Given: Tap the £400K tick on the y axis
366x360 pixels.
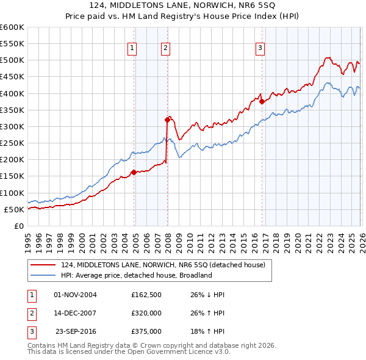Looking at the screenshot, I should coord(12,93).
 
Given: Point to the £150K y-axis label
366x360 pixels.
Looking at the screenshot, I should coord(12,176).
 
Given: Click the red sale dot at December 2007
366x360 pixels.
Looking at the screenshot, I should coord(167,120).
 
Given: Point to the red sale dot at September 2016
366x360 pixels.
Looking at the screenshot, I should coord(262,102).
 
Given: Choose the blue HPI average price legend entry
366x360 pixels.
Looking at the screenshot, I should coord(136,275).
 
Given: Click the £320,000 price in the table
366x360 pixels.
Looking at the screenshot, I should coord(146,313).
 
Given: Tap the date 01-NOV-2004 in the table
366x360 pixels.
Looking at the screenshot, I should coord(76,295).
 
